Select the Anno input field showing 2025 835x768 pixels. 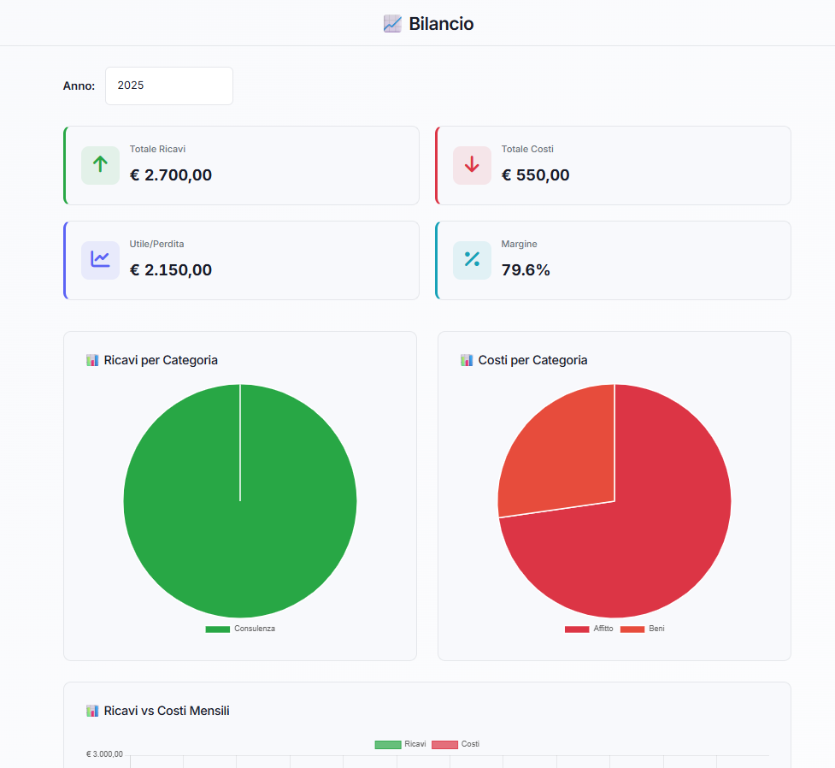pyautogui.click(x=168, y=86)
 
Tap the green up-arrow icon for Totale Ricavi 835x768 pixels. pyautogui.click(x=100, y=165)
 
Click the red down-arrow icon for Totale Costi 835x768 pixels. pyautogui.click(x=472, y=165)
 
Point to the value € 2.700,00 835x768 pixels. pyautogui.click(x=171, y=175)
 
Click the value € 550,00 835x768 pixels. pyautogui.click(x=535, y=175)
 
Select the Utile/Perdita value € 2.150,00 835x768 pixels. pyautogui.click(x=171, y=270)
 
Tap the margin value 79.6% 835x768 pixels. pyautogui.click(x=526, y=270)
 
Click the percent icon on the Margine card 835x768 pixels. pyautogui.click(x=472, y=260)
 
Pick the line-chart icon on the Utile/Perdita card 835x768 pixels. pyautogui.click(x=100, y=260)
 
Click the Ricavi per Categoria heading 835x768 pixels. pyautogui.click(x=161, y=360)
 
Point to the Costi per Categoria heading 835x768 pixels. pyautogui.click(x=532, y=360)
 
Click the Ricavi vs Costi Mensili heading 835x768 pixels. pyautogui.click(x=167, y=711)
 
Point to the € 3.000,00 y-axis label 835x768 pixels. pyautogui.click(x=104, y=754)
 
